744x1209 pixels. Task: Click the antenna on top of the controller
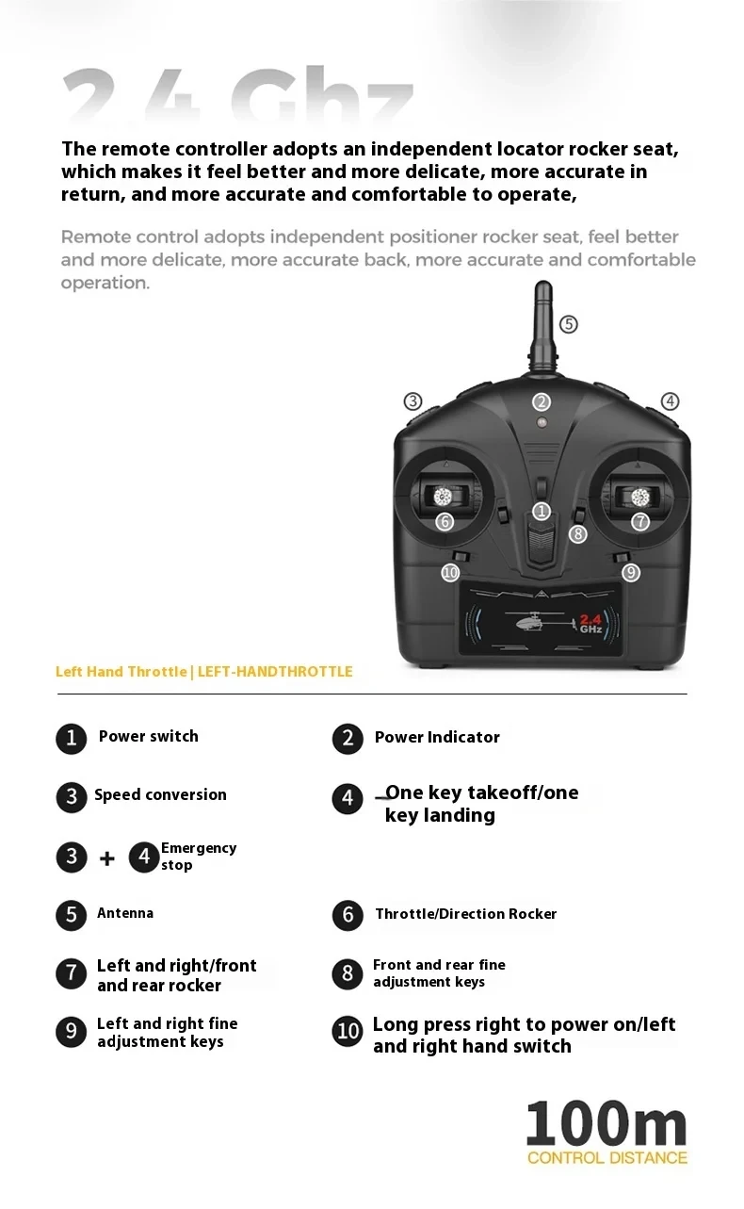point(543,327)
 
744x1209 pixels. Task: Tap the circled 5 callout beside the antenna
point(568,324)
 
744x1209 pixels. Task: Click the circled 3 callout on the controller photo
point(413,401)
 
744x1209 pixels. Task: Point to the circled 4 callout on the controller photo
point(671,401)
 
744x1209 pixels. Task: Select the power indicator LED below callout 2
point(542,422)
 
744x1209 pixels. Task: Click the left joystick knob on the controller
point(443,497)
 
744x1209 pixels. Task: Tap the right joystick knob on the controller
point(639,498)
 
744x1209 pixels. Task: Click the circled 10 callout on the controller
point(450,572)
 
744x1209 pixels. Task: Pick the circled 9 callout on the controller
point(631,572)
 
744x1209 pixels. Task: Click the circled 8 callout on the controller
point(578,533)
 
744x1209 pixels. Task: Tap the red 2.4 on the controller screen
point(590,620)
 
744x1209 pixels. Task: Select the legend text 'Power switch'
point(149,736)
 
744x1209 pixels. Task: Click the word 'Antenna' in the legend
point(125,913)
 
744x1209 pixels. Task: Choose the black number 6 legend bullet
point(348,915)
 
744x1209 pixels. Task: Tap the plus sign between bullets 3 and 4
point(107,858)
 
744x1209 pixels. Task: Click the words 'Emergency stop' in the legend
point(199,856)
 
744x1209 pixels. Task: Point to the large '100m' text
point(607,1125)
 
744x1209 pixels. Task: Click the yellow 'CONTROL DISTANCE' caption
point(607,1158)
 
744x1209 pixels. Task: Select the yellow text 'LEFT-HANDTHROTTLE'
point(275,672)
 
